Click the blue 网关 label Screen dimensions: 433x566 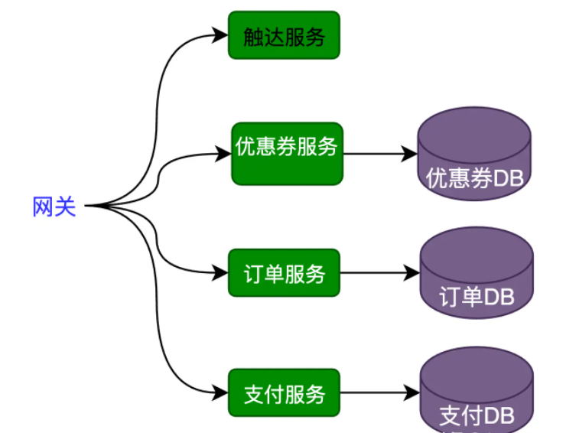(54, 207)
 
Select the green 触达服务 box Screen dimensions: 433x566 (284, 35)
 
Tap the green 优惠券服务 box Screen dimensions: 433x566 (287, 152)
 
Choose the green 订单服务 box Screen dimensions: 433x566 (284, 273)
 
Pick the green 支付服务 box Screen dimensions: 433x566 (284, 394)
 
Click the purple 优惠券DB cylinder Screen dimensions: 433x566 (475, 154)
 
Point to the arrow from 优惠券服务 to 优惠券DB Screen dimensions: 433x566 (379, 153)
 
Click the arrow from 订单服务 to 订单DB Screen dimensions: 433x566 (379, 273)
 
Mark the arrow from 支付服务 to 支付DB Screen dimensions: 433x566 (379, 394)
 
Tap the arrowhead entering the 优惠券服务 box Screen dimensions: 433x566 (224, 154)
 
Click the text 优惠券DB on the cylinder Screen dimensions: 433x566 (475, 178)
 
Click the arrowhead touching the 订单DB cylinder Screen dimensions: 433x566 (414, 273)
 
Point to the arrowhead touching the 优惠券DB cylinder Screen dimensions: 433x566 (411, 153)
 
